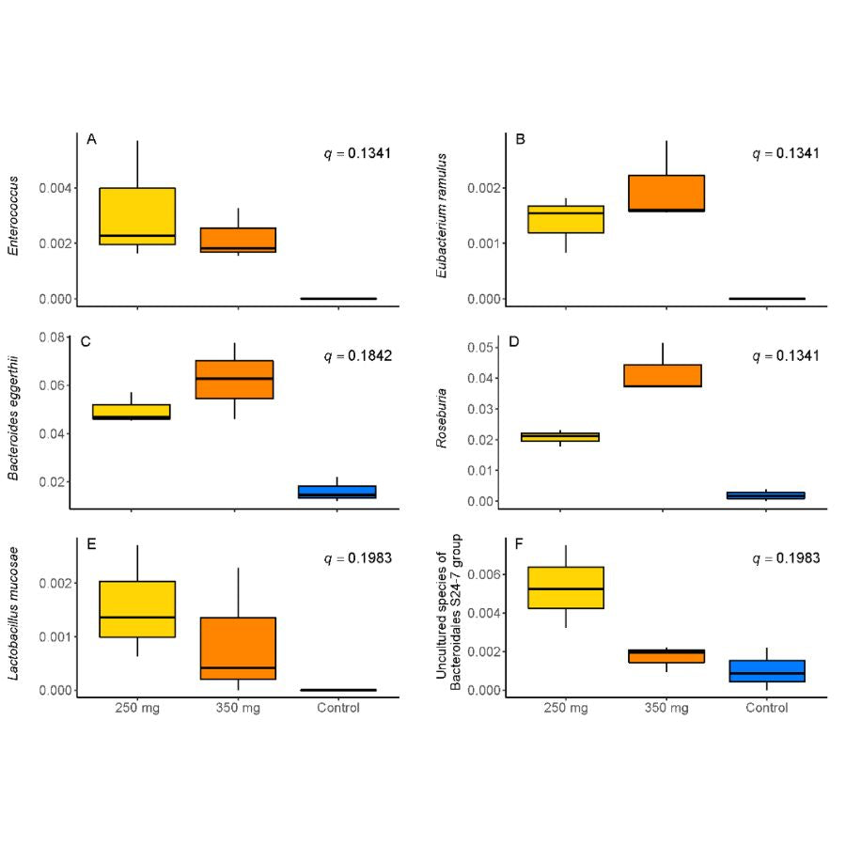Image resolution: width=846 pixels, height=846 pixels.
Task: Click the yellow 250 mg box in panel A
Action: pos(137,216)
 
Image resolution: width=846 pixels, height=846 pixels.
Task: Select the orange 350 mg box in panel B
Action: pos(666,193)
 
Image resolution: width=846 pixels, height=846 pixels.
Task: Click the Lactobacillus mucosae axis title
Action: pos(13,617)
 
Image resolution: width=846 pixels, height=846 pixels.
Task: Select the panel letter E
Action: pos(91,542)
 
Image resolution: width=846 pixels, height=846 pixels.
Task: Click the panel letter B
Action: pos(520,139)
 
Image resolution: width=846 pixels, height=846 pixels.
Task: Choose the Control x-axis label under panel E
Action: pos(337,708)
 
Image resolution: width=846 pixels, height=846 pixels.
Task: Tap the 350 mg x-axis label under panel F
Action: pos(666,708)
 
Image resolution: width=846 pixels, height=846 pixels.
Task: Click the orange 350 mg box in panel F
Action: pos(666,655)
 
